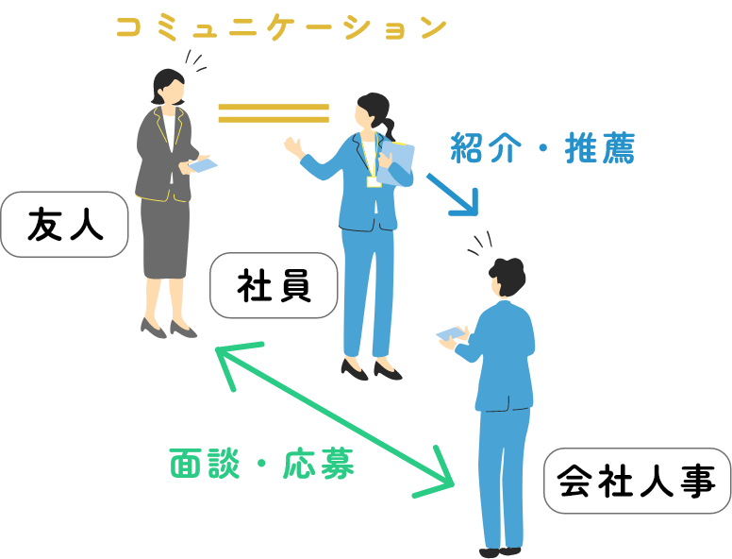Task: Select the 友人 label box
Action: click(64, 225)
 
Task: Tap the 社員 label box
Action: click(274, 285)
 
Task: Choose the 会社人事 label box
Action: click(637, 481)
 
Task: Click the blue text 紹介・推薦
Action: click(542, 148)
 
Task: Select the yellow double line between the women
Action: click(274, 113)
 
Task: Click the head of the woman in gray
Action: click(168, 88)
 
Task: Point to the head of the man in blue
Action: click(507, 279)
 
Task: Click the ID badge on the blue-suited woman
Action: click(374, 180)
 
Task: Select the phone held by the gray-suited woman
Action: click(204, 165)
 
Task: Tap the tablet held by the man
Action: click(451, 332)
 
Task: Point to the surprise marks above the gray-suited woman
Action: click(194, 61)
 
